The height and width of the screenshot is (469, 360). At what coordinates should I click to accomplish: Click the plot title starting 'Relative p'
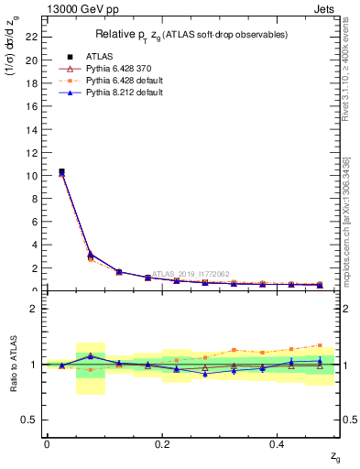[190, 35]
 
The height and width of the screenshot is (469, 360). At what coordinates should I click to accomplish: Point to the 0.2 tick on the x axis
[162, 444]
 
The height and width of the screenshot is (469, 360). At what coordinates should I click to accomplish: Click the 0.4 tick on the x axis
[278, 444]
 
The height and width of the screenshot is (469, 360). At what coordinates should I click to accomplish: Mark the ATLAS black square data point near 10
[61, 171]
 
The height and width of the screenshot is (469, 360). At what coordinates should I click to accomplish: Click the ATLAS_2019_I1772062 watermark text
[190, 273]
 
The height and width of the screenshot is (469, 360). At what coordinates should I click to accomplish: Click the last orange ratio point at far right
[320, 345]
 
